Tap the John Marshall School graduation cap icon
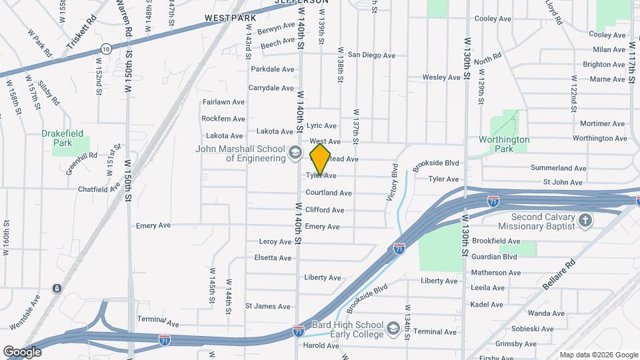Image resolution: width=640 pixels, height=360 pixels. click(x=294, y=154)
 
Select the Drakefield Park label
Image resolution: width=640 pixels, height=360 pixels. click(x=65, y=137)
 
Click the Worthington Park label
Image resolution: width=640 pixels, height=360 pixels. click(x=504, y=144)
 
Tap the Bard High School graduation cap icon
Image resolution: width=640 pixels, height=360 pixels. click(x=393, y=329)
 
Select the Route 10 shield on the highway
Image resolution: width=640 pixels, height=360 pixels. click(x=106, y=48)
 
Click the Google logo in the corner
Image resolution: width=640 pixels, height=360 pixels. click(x=23, y=351)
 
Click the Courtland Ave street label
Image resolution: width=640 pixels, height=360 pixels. click(x=328, y=193)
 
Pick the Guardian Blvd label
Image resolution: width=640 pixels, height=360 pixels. click(x=494, y=256)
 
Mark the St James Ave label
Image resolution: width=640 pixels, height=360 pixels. click(x=268, y=307)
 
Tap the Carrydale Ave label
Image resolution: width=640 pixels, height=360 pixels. click(x=271, y=88)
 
